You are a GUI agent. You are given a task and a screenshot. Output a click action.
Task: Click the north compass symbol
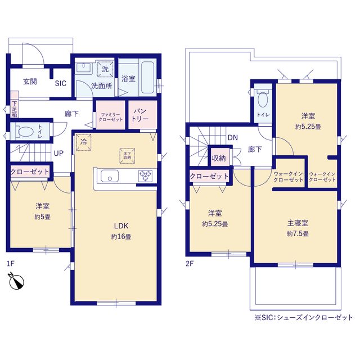click(16, 281)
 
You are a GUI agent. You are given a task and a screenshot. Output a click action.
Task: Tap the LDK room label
click(121, 226)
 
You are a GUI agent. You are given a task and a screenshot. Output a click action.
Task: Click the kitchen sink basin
click(110, 176)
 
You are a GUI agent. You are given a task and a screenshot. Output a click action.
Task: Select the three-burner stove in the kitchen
click(145, 176)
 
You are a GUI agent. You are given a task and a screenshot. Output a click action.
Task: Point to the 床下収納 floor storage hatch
click(127, 156)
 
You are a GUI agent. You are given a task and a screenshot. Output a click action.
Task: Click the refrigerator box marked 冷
click(84, 142)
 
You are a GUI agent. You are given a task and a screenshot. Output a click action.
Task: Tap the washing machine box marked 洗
click(105, 69)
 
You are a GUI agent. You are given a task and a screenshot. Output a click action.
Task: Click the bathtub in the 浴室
click(147, 78)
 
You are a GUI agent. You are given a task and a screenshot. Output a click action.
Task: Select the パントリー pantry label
click(140, 115)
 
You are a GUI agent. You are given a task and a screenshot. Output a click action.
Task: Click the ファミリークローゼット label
click(111, 117)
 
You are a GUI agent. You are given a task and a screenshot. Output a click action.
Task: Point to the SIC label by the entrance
click(61, 83)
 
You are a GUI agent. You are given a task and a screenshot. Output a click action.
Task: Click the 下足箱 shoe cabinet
click(15, 105)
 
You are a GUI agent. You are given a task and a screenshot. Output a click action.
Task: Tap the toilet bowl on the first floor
click(25, 132)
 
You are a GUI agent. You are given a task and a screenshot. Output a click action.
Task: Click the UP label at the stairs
click(58, 153)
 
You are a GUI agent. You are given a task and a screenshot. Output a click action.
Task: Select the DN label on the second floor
click(232, 137)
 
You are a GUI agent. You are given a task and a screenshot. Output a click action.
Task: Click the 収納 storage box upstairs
click(219, 157)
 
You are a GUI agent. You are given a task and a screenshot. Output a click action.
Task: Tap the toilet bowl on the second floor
click(263, 99)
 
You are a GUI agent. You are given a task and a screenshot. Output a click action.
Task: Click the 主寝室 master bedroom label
click(298, 223)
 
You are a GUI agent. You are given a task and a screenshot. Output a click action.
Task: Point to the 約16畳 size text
click(121, 237)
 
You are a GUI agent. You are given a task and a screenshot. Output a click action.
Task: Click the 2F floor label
click(190, 264)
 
